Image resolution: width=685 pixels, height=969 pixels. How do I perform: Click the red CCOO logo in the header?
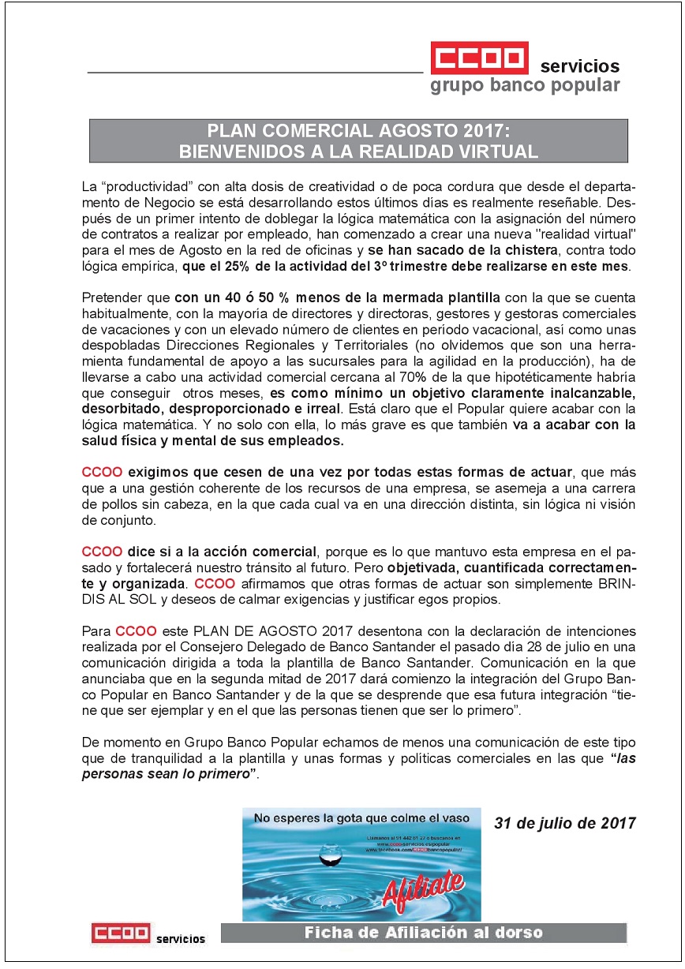(478, 60)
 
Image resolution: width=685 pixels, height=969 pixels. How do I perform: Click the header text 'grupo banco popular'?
(525, 85)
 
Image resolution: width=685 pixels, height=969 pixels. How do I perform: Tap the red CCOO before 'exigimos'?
(102, 473)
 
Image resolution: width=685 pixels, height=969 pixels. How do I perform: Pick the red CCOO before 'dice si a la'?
(102, 551)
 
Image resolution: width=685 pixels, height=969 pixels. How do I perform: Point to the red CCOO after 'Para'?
(136, 631)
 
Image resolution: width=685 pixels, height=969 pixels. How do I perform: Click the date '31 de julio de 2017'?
(564, 823)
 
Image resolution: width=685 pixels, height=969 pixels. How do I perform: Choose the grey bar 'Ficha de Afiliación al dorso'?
(423, 933)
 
